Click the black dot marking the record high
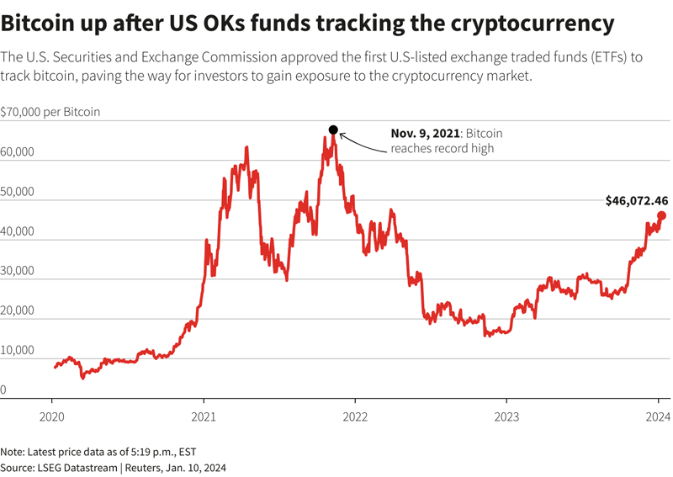(x=333, y=130)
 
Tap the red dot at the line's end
(x=661, y=215)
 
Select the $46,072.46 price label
(x=637, y=201)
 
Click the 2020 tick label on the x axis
(x=52, y=416)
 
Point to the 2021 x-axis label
(x=204, y=416)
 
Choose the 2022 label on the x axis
(x=355, y=416)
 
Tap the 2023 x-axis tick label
(x=506, y=416)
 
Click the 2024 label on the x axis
(x=657, y=416)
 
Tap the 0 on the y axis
(x=3, y=390)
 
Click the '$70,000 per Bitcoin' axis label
(x=50, y=112)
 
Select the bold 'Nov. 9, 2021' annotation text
(x=425, y=134)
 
